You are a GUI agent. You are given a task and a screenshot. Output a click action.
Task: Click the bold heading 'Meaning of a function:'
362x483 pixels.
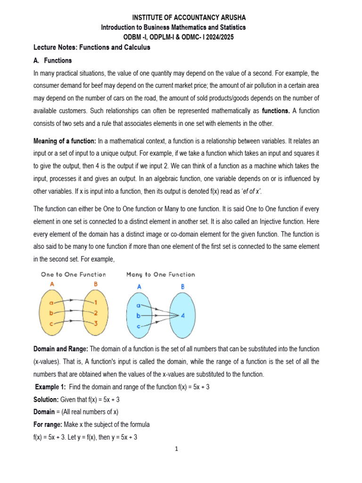tap(65, 141)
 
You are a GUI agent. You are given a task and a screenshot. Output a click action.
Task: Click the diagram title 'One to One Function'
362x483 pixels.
tap(74, 275)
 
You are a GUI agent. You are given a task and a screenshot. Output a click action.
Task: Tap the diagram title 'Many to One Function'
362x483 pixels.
tap(161, 275)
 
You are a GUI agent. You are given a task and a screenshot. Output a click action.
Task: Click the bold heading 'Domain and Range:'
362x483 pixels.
tap(61, 349)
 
